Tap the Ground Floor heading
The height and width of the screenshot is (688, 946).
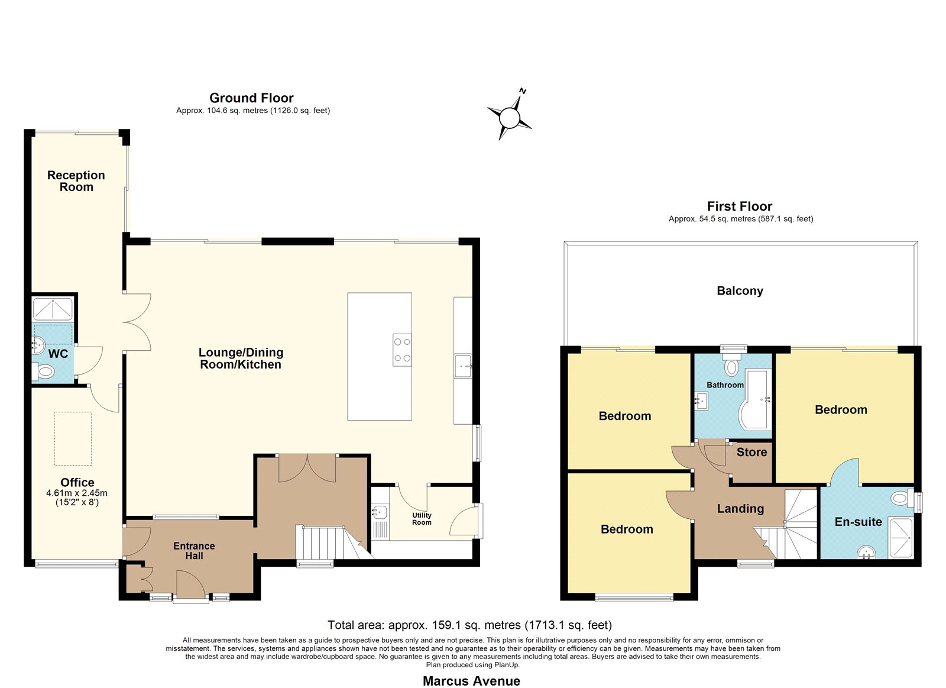click(x=251, y=98)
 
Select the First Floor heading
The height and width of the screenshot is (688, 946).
click(x=740, y=206)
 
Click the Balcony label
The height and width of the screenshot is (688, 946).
click(x=740, y=290)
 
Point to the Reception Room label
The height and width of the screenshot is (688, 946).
click(x=76, y=181)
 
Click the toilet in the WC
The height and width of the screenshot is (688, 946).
click(x=44, y=372)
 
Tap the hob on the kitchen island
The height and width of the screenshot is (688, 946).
click(x=402, y=350)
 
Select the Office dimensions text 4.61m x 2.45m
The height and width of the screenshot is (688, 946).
click(x=77, y=493)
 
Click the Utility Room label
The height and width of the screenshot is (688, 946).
click(x=422, y=519)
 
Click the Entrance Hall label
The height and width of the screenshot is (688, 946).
click(x=194, y=551)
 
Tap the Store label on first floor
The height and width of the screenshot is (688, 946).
click(x=751, y=452)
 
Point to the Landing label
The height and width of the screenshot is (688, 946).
click(x=740, y=508)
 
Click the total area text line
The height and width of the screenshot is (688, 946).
click(x=469, y=625)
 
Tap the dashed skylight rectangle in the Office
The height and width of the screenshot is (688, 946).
click(x=73, y=439)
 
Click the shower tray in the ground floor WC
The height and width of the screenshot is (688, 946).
click(x=53, y=309)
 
